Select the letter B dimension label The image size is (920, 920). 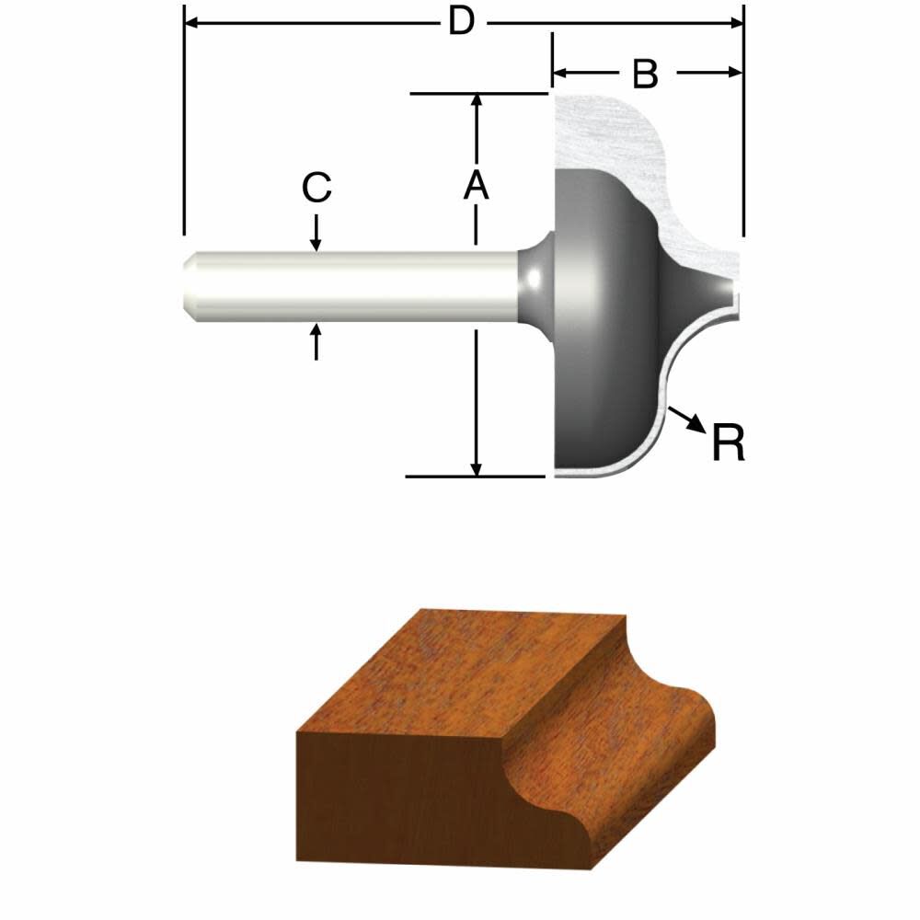646,75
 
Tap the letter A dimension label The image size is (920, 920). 475,186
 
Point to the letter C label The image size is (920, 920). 316,188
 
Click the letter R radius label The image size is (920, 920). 728,443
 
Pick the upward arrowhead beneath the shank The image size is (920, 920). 316,333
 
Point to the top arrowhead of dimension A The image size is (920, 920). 476,101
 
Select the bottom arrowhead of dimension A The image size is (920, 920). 476,468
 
